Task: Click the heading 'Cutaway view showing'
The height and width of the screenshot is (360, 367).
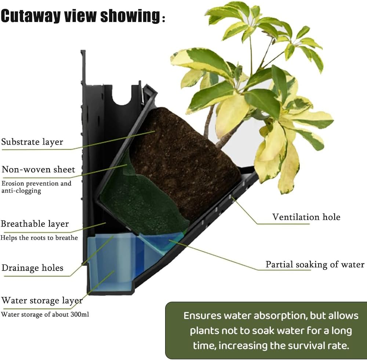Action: coord(83,16)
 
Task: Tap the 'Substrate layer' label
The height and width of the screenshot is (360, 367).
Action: coord(32,142)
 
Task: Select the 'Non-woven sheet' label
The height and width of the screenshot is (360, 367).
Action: coord(39,169)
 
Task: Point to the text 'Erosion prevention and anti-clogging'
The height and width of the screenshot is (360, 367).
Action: coord(36,187)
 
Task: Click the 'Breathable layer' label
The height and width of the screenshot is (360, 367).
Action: coord(35,224)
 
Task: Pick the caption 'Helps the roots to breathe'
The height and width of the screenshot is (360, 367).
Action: coord(39,238)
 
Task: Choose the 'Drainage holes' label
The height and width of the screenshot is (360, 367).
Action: coord(32,268)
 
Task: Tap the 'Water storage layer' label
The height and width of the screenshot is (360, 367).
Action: coord(42,301)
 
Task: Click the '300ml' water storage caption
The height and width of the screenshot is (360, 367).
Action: coord(45,315)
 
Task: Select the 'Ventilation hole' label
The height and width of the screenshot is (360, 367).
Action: coord(306,217)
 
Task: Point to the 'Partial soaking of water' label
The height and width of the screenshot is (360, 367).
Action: coord(315,264)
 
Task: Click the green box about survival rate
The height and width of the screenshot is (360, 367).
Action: coord(266,330)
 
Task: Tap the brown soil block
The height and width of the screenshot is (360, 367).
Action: coord(185,164)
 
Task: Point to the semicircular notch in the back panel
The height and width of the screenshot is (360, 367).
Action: coord(122,100)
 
